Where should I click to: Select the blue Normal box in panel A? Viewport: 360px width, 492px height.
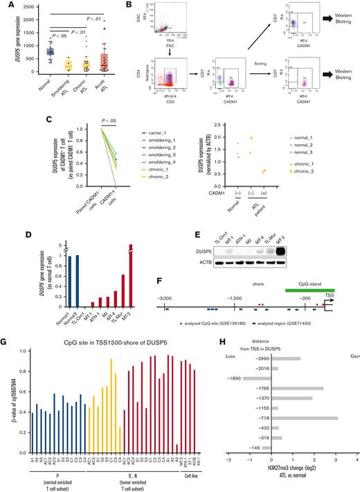51,52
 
